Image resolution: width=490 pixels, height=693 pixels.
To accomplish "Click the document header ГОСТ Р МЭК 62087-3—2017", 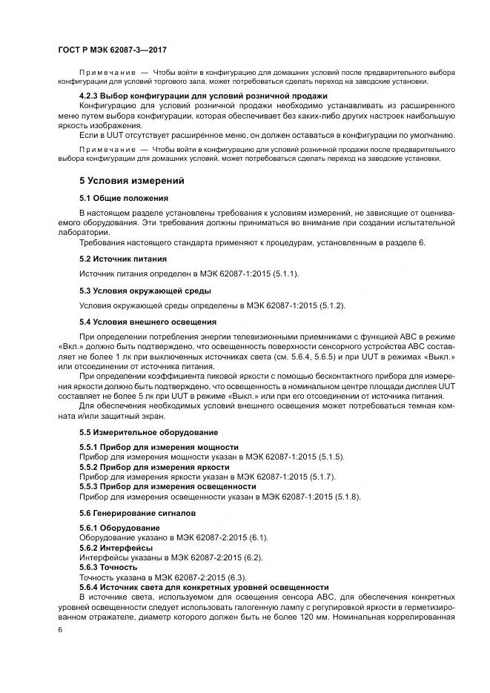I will click(111, 50).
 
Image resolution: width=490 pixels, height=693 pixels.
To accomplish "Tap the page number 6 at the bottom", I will click(60, 630).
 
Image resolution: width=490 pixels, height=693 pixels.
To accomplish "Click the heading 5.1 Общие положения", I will click(123, 198).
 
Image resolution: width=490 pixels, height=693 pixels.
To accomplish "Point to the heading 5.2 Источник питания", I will click(122, 259).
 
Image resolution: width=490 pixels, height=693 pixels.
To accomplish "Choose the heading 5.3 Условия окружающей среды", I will click(145, 290).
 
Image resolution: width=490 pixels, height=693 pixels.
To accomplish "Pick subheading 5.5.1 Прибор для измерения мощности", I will click(159, 447).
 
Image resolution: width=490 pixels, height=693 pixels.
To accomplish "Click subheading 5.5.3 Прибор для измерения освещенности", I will click(168, 486).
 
